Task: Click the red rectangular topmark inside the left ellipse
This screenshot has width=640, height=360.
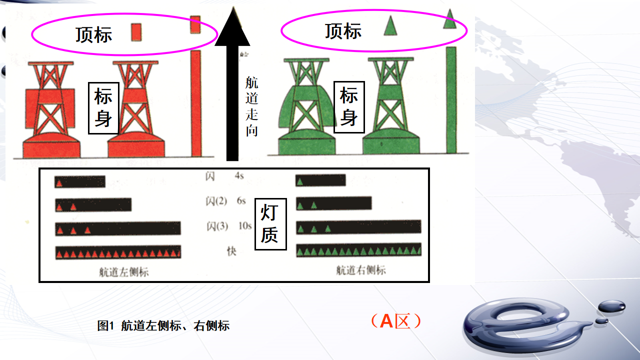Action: coord(136,32)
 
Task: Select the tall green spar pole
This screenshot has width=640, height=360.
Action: coord(451,100)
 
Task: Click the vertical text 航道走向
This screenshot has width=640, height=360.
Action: coord(251,106)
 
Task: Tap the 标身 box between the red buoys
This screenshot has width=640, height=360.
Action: coord(103,108)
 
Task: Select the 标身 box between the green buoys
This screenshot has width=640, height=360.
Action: coord(349,107)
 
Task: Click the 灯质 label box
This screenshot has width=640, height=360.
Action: coord(270,224)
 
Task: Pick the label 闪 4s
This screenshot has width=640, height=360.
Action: coord(224,176)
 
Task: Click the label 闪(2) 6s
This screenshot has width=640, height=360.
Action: coord(225,201)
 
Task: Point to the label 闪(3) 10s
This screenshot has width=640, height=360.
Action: coord(229,226)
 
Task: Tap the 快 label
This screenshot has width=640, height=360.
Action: coord(231,251)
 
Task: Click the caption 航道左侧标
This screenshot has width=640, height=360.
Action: coord(124,272)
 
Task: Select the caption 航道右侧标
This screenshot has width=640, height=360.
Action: coord(361,270)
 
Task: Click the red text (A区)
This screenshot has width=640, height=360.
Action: coord(396,321)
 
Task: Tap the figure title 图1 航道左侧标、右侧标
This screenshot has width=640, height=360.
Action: coord(163,325)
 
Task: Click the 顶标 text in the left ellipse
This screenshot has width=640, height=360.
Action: coord(93,35)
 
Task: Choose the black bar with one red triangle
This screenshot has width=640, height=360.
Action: coord(80,181)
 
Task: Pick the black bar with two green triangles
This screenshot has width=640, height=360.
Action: coord(333,203)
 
